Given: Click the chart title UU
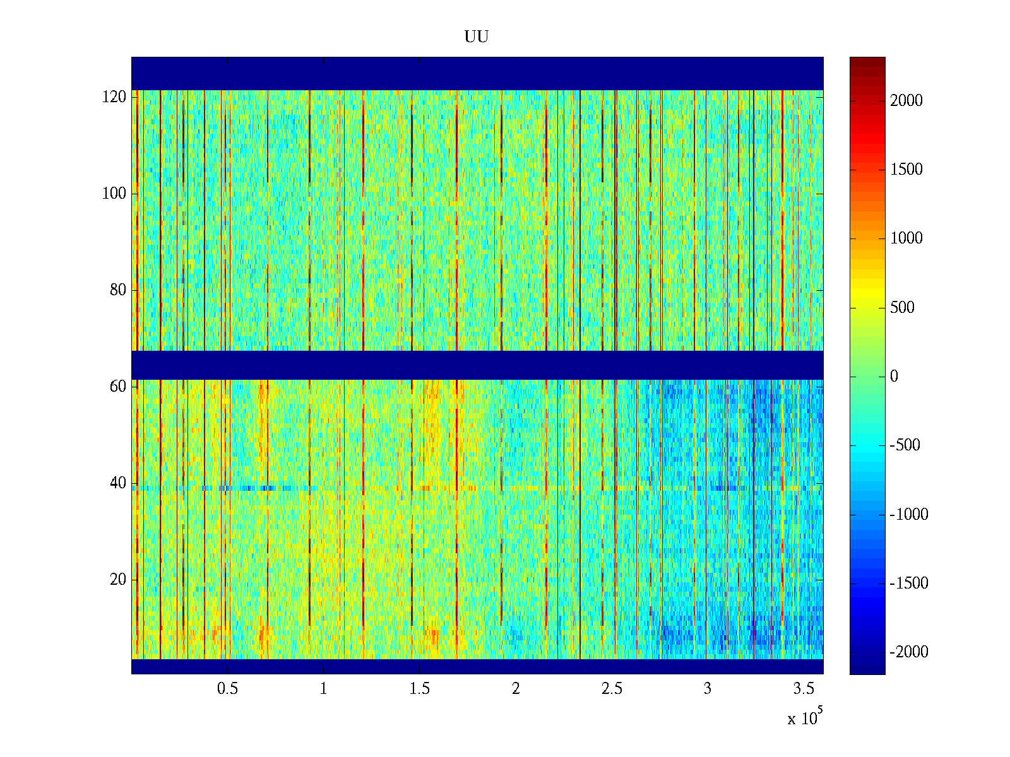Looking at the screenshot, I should tap(477, 37).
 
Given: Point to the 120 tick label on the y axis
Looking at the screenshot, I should tap(114, 97).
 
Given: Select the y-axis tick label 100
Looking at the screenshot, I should tap(114, 194).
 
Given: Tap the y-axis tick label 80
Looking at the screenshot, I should tap(118, 290).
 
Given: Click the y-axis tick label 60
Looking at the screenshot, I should tap(118, 387).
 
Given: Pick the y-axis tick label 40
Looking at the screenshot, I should tap(118, 483).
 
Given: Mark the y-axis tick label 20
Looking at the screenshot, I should tap(118, 580).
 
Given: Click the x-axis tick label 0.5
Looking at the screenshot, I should tap(227, 689).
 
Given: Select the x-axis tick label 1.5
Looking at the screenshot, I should tap(419, 689).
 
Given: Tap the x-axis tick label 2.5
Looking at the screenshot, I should tap(611, 689).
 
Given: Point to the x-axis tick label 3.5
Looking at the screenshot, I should tap(804, 689).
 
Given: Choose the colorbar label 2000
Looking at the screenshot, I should tap(906, 101).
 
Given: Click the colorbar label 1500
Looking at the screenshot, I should tap(906, 170).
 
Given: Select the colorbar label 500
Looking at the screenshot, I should tap(903, 308).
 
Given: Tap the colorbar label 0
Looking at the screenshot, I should tap(894, 377).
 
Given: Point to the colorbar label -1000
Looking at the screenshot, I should tap(909, 515).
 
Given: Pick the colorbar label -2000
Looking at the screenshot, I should tap(909, 652).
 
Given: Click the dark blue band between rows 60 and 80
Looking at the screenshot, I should tap(477, 365).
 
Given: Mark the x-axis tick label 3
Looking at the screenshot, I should tap(708, 689).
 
